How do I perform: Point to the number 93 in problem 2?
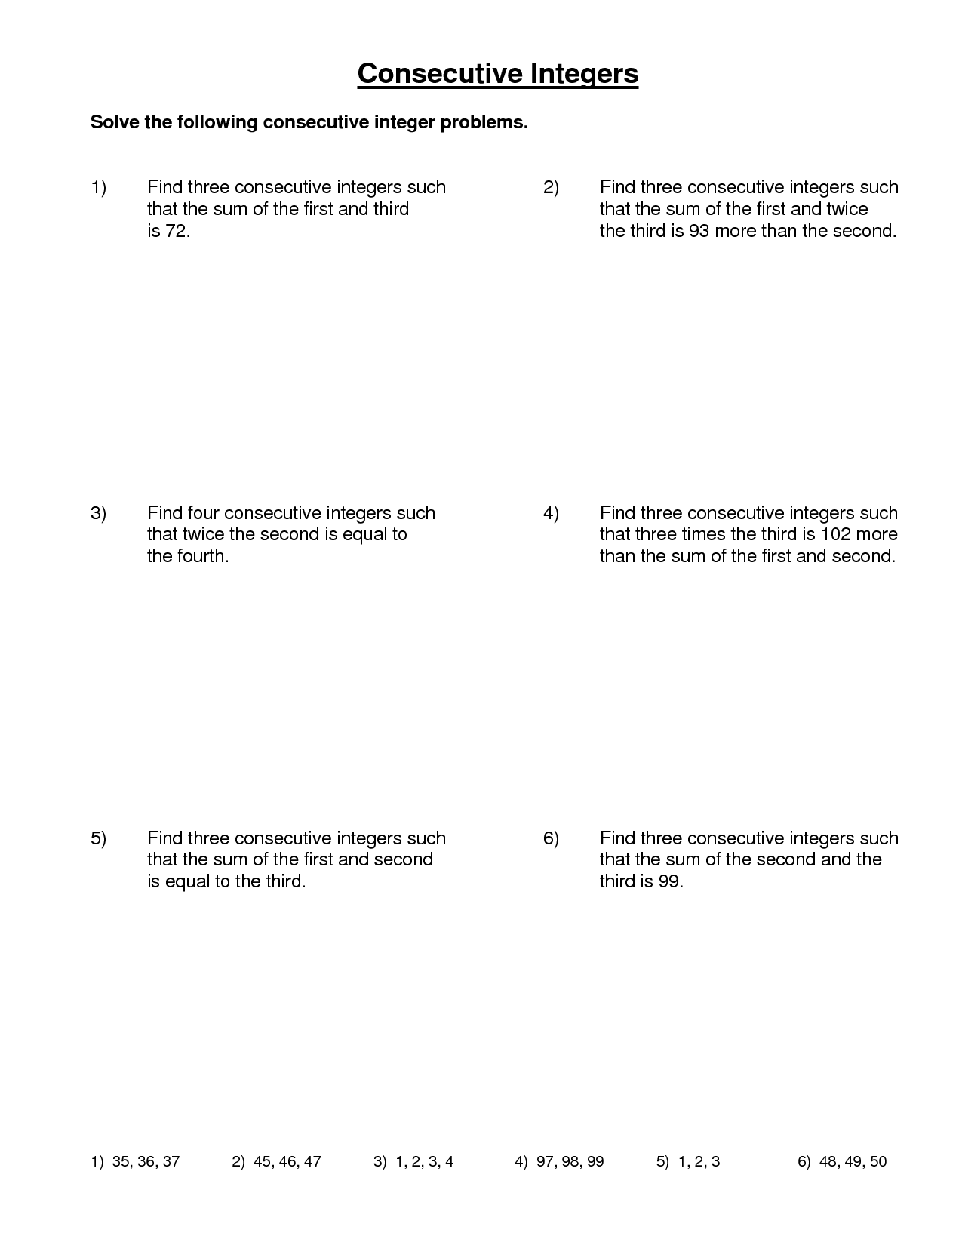click(699, 231)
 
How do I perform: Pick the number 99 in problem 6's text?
click(669, 881)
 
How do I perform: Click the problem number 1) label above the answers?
click(99, 187)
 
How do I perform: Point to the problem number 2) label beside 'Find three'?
click(551, 187)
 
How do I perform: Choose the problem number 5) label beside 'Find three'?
click(99, 838)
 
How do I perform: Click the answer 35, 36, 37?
click(146, 1162)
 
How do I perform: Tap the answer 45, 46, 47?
click(287, 1162)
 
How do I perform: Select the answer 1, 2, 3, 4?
click(424, 1162)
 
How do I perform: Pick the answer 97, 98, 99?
click(570, 1162)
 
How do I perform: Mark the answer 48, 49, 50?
click(853, 1162)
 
